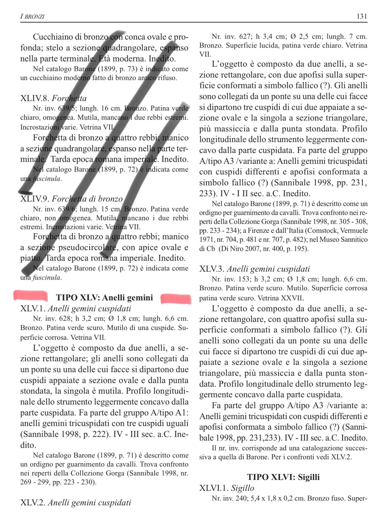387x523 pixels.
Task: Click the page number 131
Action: (362, 16)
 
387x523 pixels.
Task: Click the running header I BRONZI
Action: (32, 16)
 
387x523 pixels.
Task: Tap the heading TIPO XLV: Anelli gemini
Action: (104, 297)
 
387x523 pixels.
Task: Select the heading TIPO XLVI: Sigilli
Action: (283, 477)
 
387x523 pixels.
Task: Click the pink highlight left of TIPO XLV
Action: (31, 295)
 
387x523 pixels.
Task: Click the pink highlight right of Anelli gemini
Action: (176, 299)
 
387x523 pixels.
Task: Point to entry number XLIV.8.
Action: (35, 98)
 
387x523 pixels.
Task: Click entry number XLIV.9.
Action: (35, 199)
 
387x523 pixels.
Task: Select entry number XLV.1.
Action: (33, 309)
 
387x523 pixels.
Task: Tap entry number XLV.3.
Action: (212, 269)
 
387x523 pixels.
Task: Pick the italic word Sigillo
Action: (243, 488)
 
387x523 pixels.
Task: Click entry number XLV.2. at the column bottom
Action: (33, 503)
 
